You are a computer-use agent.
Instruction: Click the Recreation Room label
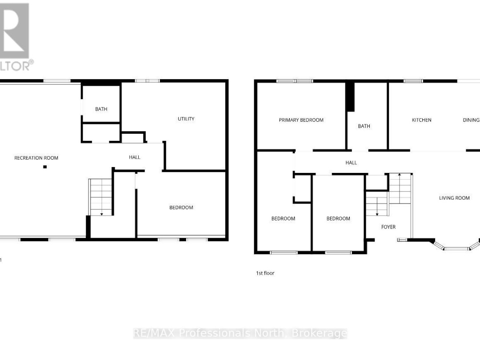36,158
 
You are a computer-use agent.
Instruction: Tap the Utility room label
186,119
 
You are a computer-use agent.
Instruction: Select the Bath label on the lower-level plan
101,109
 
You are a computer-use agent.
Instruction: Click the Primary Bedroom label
301,120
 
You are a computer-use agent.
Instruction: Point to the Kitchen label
421,120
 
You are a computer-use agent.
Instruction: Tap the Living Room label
454,198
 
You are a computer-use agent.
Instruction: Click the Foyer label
388,227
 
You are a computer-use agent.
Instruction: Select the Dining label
471,120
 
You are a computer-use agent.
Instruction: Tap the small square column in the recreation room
45,167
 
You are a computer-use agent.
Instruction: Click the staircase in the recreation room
101,197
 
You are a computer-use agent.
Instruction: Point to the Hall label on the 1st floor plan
351,163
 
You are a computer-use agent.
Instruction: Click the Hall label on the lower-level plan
135,157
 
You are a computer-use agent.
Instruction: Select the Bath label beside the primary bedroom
364,126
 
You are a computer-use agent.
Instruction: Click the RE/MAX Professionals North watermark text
240,333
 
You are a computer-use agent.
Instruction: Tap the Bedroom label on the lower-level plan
181,207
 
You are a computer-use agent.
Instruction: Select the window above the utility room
147,81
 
